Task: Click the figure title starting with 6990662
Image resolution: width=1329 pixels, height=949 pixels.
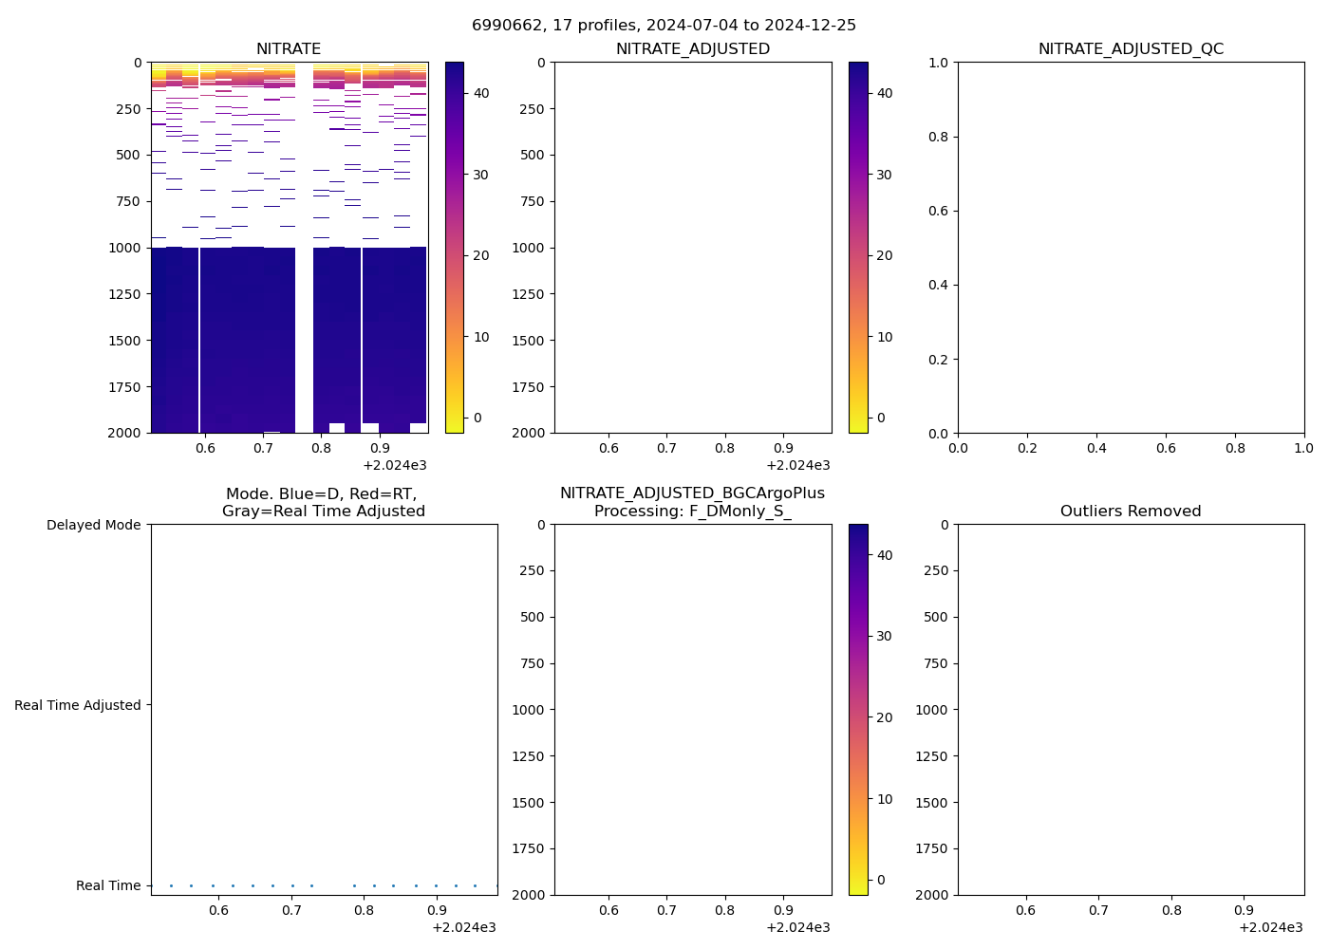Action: point(664,25)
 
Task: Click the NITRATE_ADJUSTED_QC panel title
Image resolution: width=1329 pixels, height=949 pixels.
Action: point(1131,49)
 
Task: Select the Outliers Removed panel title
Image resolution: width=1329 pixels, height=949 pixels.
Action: point(1131,512)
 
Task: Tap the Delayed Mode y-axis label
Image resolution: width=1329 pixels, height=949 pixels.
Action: point(93,525)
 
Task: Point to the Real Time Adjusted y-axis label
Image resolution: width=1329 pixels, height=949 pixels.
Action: point(78,705)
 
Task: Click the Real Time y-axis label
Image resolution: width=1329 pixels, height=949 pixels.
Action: point(108,885)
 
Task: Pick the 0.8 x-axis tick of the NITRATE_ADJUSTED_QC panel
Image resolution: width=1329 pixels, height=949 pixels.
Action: point(1235,448)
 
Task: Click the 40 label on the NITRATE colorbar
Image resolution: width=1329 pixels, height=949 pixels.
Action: point(481,93)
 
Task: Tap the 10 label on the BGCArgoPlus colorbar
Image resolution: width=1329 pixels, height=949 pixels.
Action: point(885,799)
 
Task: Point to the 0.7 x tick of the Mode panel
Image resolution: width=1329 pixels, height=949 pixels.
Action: point(291,910)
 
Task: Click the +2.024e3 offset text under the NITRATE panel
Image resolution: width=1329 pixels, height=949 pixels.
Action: point(395,465)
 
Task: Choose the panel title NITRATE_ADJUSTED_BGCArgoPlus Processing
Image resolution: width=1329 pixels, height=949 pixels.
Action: point(692,502)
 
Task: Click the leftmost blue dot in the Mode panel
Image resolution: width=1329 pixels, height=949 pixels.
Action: point(171,885)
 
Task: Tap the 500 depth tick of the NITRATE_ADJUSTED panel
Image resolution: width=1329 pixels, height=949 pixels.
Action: point(533,155)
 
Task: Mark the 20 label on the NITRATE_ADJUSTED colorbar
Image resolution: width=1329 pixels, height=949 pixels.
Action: point(885,255)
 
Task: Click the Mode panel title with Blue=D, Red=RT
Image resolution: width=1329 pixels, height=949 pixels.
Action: point(323,502)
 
